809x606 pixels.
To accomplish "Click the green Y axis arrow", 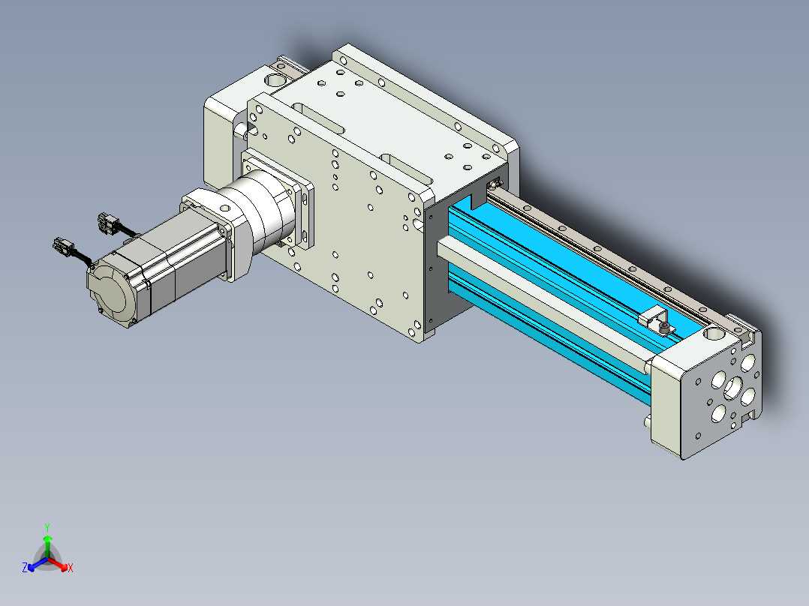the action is click(x=47, y=546).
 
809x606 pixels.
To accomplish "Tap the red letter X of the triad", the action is click(x=71, y=568).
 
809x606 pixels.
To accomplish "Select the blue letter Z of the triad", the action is click(x=24, y=568).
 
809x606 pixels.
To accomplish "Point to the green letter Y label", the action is click(x=47, y=528).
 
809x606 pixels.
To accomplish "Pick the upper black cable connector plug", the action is click(x=108, y=223).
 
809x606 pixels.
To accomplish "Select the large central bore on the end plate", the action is click(x=732, y=388).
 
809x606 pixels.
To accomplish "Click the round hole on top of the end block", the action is click(x=714, y=334).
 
